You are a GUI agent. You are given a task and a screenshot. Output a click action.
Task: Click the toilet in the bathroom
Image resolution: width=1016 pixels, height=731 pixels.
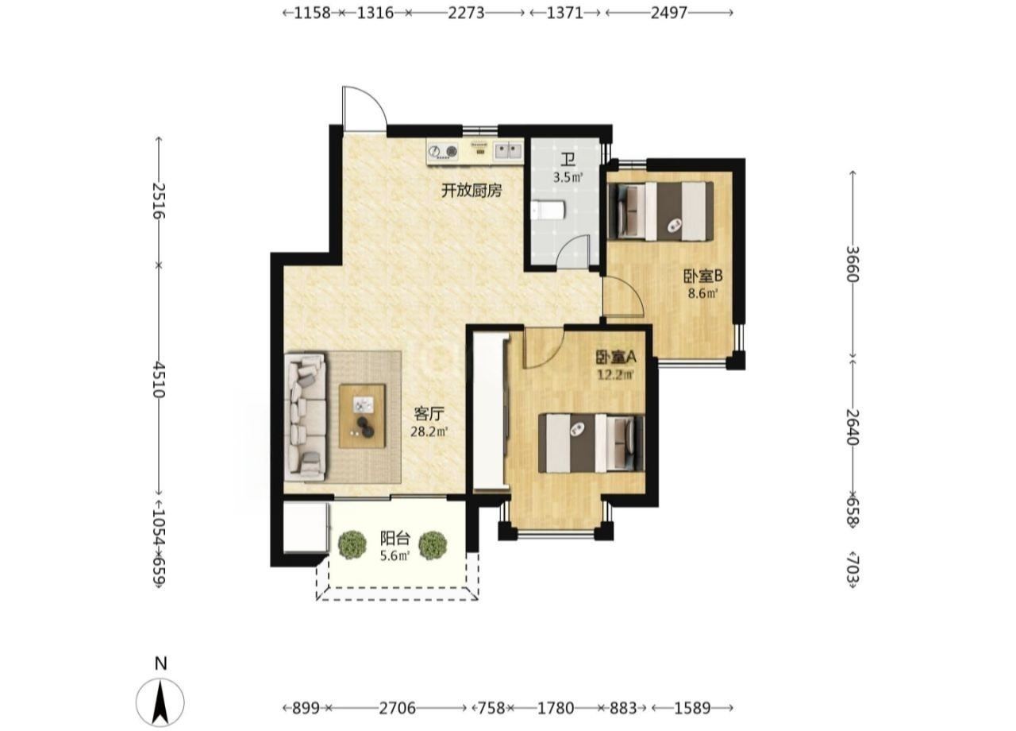pos(548,211)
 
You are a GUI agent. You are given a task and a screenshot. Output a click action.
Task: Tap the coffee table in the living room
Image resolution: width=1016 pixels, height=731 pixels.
pos(363,416)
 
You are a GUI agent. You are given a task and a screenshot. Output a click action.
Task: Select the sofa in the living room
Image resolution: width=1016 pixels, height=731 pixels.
pos(306,417)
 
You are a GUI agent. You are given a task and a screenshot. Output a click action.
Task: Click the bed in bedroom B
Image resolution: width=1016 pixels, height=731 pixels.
pos(660,211)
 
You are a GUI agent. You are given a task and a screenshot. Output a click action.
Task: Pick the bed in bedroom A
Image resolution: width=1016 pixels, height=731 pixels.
pos(591,443)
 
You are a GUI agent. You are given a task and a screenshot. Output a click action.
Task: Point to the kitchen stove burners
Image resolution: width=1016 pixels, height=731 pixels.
pos(443,152)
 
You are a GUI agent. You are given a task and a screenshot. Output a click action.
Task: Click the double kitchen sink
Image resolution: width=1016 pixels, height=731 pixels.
pos(508,151)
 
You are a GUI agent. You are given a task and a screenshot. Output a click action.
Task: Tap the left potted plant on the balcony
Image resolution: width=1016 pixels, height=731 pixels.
pos(352,544)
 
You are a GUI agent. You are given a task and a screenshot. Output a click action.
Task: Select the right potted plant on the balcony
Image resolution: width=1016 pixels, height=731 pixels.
pos(433,545)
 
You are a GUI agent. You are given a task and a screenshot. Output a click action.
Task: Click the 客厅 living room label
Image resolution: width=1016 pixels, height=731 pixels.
pos(429,414)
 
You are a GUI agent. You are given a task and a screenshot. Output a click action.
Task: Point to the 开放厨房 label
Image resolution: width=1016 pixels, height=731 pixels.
pos(471,191)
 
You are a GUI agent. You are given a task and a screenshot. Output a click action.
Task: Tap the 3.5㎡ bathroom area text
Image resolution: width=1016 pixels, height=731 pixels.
pos(568,177)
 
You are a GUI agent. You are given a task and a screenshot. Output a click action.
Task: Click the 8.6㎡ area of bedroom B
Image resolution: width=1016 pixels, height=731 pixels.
pos(703,293)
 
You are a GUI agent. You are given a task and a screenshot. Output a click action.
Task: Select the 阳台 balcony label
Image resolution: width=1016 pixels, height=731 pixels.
pos(395,539)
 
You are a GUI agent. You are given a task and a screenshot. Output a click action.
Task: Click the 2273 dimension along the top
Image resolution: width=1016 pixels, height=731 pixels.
pos(466,14)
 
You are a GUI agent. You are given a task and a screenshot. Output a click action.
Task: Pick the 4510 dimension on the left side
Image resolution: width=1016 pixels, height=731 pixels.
pos(158,380)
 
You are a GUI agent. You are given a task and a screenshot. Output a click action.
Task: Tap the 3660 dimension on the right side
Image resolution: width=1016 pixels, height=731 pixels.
pos(853,264)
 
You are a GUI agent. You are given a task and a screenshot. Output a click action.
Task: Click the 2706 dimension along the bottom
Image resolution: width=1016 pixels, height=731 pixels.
pos(398,708)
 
